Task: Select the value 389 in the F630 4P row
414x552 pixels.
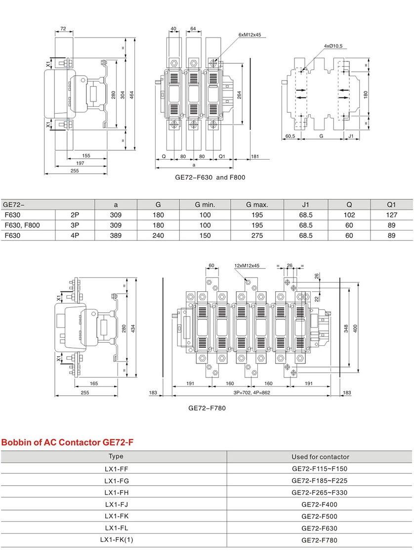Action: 116,236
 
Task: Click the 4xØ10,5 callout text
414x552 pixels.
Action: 333,46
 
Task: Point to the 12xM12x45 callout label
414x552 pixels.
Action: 248,266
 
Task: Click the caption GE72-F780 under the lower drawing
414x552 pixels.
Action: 207,409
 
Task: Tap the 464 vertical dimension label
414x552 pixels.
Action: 132,94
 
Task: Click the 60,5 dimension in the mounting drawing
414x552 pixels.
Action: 290,136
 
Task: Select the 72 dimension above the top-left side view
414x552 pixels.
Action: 63,29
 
